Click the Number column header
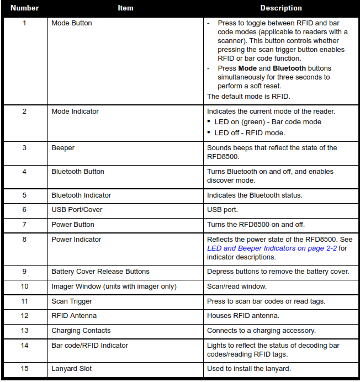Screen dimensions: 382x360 pyautogui.click(x=24, y=8)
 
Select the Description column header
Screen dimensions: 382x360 pyautogui.click(x=281, y=8)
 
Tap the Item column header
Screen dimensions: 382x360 pyautogui.click(x=125, y=8)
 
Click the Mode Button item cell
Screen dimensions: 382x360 pyautogui.click(x=72, y=23)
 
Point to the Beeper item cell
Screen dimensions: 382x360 pyautogui.click(x=63, y=148)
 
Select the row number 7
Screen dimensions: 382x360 pyautogui.click(x=24, y=225)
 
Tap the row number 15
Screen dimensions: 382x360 pyautogui.click(x=24, y=369)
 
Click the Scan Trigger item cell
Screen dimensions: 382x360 pyautogui.click(x=72, y=301)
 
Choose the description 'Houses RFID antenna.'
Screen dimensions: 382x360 pyautogui.click(x=242, y=316)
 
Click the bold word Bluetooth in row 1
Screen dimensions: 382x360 pyautogui.click(x=288, y=68)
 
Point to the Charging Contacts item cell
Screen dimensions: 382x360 pyautogui.click(x=81, y=331)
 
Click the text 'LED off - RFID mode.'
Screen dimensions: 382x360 pyautogui.click(x=249, y=132)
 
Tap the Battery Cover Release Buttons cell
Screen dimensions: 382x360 pyautogui.click(x=100, y=271)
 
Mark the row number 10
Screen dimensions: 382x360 pyautogui.click(x=24, y=286)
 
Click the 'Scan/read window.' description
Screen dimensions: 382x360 pyautogui.click(x=236, y=286)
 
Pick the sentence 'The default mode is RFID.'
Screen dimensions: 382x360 pyautogui.click(x=248, y=96)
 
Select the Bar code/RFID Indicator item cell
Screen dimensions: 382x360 pyautogui.click(x=90, y=346)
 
